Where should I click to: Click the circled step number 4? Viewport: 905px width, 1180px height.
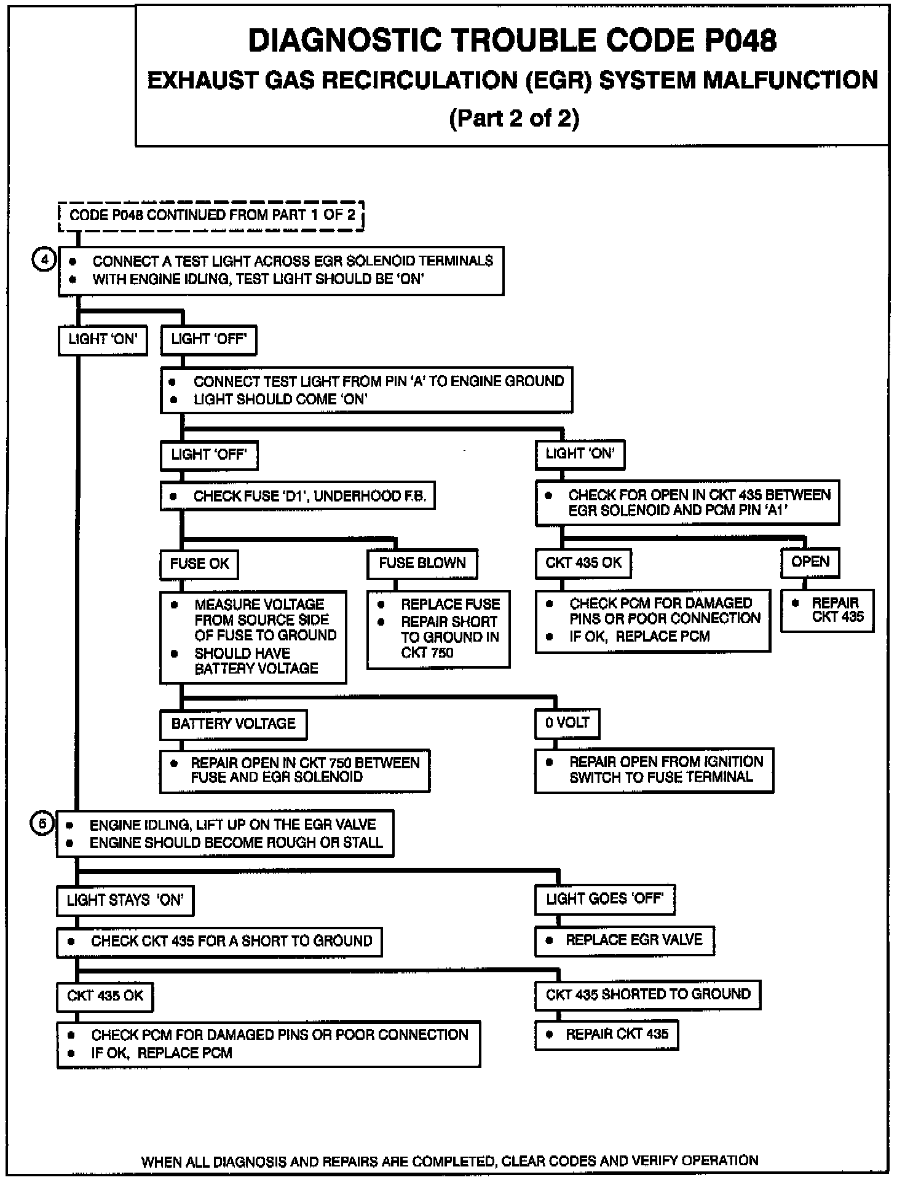(x=44, y=259)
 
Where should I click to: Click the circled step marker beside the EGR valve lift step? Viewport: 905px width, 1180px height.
(x=42, y=824)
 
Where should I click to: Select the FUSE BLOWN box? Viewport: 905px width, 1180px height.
(x=422, y=563)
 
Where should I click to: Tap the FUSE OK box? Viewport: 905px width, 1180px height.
(x=199, y=564)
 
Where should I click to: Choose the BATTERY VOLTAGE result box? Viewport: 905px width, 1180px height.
(x=233, y=724)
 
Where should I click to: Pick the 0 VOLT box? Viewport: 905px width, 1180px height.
(x=567, y=723)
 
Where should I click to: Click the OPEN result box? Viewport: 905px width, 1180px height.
(x=810, y=562)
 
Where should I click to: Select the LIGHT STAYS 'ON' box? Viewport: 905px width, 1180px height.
(x=125, y=900)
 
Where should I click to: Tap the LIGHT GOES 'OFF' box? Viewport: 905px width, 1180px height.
(x=604, y=899)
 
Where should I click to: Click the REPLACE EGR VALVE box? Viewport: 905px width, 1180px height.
(x=625, y=940)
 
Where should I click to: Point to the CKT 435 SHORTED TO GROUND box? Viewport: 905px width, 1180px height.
(x=647, y=994)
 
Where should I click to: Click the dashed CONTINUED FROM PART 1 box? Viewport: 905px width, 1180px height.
(x=211, y=216)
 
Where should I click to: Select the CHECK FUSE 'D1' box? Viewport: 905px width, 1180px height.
(x=298, y=496)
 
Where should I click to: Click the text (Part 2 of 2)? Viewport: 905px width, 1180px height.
(x=514, y=117)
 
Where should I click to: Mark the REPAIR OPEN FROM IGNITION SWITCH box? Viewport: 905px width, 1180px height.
(x=654, y=769)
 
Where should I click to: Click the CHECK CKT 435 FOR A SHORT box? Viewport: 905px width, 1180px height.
(x=219, y=942)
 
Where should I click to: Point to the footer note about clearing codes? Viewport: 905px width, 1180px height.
(x=449, y=1161)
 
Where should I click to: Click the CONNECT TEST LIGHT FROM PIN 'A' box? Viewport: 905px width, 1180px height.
(x=366, y=390)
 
